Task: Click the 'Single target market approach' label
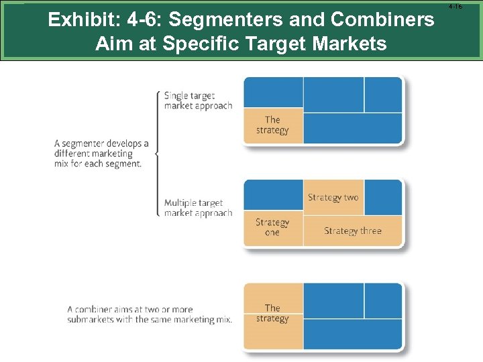(x=198, y=101)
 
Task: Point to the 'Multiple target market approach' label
(x=198, y=208)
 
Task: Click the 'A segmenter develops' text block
(x=101, y=154)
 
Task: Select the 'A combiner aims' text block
(x=149, y=314)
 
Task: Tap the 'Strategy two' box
(x=333, y=197)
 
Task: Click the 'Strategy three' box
(x=352, y=231)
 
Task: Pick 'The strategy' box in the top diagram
(x=272, y=125)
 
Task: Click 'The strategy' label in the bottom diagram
(x=272, y=313)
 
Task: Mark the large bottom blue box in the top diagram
(x=352, y=127)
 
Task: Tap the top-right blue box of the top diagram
(x=383, y=94)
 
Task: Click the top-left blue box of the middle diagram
(x=273, y=196)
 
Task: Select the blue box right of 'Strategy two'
(x=383, y=197)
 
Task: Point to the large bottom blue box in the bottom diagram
(x=352, y=334)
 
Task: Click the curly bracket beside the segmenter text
(x=157, y=154)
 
